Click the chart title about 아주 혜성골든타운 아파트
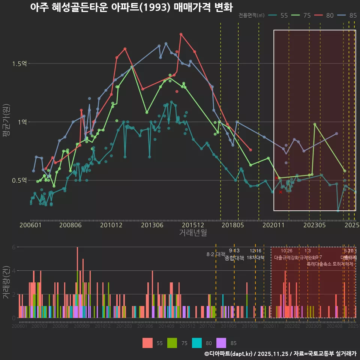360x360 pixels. click(131, 7)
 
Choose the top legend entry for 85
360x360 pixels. click(348, 15)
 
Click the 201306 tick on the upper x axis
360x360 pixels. click(152, 225)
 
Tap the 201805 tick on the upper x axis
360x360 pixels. click(233, 225)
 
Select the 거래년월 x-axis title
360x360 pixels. click(193, 232)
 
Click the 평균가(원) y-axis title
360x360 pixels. click(6, 122)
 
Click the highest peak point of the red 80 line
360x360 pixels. click(181, 34)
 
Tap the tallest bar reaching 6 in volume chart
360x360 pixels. click(77, 282)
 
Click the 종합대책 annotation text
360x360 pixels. click(234, 258)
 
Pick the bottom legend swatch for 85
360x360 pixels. click(222, 343)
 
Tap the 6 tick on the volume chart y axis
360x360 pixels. click(14, 247)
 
